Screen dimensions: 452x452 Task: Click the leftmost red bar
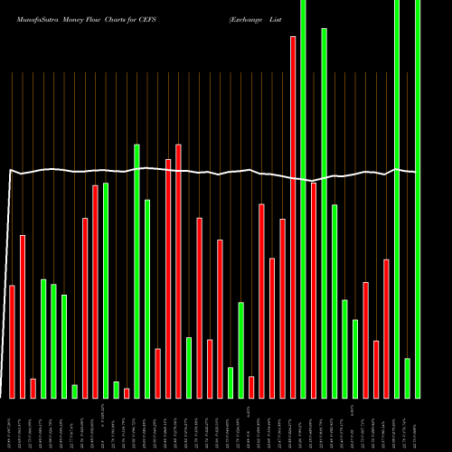[13, 341]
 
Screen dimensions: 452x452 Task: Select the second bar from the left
[23, 316]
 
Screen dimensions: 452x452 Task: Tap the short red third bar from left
[33, 388]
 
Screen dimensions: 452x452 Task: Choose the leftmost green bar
[43, 338]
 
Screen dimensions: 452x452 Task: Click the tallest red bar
[293, 217]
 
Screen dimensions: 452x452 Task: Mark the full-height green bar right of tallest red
[303, 199]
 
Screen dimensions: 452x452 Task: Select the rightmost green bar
[418, 199]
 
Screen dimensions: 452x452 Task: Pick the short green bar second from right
[407, 378]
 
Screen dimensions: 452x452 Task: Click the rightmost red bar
[386, 328]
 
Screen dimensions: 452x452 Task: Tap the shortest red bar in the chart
[127, 392]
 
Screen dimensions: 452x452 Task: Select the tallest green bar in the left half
[137, 270]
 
